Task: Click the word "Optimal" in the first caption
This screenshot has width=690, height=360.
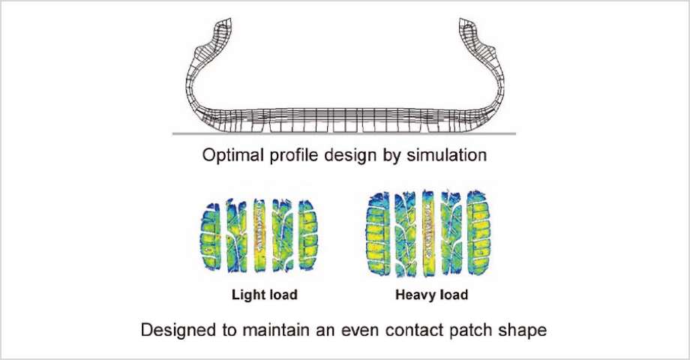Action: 229,157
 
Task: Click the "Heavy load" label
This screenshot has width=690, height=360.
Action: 431,295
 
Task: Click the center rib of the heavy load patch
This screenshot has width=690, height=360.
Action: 429,232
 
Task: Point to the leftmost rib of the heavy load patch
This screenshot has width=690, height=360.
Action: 377,232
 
